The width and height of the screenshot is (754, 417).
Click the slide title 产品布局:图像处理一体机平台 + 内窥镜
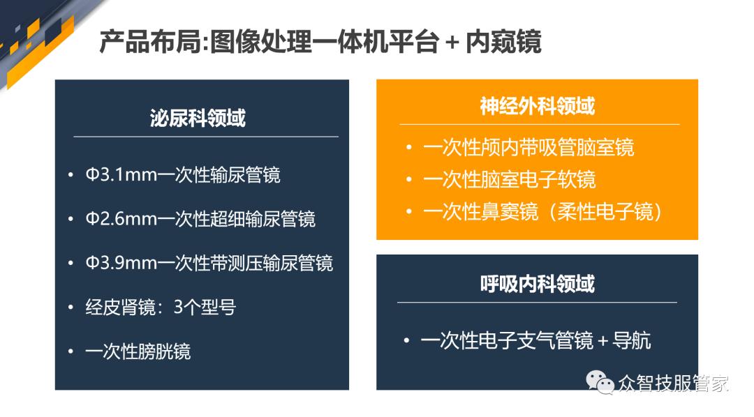(x=320, y=43)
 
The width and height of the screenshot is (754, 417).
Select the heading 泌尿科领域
(x=198, y=118)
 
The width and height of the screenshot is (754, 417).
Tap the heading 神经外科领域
(x=537, y=106)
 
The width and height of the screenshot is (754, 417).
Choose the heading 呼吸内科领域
(x=537, y=284)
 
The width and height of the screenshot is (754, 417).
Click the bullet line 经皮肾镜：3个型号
(x=161, y=307)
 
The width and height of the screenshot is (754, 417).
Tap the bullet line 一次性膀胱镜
(x=138, y=351)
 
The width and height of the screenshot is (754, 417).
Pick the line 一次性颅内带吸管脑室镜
(x=528, y=148)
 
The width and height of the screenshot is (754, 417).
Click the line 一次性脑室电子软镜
(x=509, y=179)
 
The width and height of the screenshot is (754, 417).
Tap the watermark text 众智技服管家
(x=673, y=384)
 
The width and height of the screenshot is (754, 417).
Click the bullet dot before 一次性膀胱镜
(x=70, y=351)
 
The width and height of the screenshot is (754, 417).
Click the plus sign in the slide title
(x=451, y=44)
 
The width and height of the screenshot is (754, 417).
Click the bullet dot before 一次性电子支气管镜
(x=406, y=340)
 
